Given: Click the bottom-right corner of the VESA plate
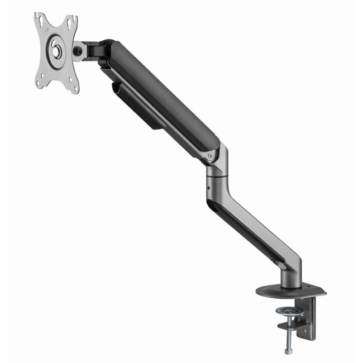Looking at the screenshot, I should point(75,89).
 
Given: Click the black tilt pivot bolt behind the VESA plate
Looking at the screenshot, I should point(79,51).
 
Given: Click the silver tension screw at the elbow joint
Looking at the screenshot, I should point(210,156).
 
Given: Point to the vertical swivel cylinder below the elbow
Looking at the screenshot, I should point(215,181).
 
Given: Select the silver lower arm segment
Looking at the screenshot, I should point(262,229).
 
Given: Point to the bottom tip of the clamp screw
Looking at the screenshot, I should point(288,351).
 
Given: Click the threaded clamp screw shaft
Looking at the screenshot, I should point(288,332).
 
